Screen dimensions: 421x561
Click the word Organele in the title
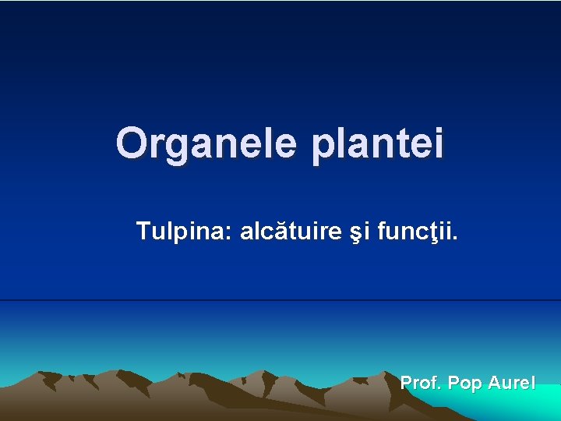coord(206,143)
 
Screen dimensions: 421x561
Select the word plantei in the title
coord(378,145)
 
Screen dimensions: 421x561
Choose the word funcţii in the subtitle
coord(415,231)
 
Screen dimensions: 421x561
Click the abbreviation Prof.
coord(421,383)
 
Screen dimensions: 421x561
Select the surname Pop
coord(464,383)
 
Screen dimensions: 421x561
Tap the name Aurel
coord(512,383)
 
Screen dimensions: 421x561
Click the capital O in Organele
coord(130,143)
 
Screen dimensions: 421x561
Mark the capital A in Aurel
coord(494,383)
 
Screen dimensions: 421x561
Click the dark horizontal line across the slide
coord(280,300)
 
